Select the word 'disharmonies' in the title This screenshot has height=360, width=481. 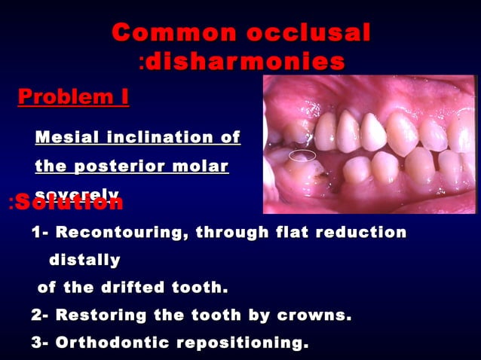(x=245, y=61)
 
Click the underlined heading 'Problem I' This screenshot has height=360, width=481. (x=73, y=97)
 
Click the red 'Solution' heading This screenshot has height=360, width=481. (x=69, y=202)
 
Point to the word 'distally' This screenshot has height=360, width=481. (x=84, y=260)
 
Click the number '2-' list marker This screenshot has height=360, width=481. (x=41, y=316)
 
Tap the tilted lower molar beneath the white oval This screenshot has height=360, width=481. (x=305, y=176)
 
